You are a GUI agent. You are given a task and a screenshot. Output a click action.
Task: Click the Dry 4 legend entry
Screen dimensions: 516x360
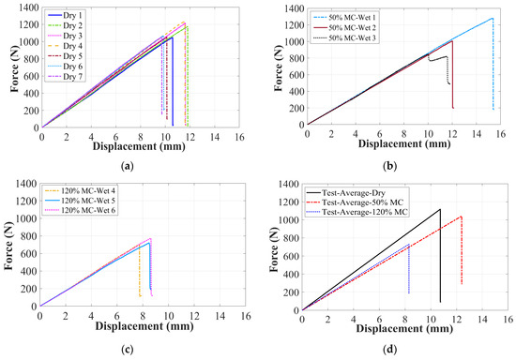tap(66, 46)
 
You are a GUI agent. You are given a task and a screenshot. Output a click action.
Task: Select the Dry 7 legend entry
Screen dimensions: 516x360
tap(66, 77)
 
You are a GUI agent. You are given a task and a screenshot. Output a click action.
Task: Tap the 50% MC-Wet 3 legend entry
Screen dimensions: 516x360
tap(344, 38)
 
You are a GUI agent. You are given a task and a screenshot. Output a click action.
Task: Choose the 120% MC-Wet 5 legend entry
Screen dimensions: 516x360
tap(80, 201)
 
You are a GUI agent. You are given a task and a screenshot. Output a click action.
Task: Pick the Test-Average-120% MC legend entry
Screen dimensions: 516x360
tap(357, 212)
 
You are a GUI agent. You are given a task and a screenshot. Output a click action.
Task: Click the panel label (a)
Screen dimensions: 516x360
tap(128, 166)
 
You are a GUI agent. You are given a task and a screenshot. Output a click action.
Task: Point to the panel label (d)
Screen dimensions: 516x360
tap(390, 349)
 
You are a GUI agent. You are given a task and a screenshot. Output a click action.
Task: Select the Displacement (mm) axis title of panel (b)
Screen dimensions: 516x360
tap(404, 143)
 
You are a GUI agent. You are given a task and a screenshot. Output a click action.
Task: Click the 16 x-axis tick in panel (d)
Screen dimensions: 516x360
tap(508, 319)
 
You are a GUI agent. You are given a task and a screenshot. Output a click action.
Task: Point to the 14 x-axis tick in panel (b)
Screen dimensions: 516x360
tap(477, 133)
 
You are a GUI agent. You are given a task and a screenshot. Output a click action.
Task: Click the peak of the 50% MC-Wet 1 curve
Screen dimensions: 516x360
tap(493, 18)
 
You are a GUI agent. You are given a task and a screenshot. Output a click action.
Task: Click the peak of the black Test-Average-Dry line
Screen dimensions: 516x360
tap(440, 209)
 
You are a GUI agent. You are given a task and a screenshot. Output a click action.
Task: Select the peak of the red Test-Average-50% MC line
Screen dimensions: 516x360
tap(461, 217)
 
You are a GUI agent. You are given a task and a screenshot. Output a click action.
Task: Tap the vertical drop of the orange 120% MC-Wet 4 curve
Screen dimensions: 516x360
tap(140, 270)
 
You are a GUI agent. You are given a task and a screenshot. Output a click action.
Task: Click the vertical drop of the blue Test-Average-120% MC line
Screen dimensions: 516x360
tap(409, 269)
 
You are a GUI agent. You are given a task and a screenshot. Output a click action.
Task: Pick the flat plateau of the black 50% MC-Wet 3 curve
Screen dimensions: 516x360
tap(438, 58)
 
